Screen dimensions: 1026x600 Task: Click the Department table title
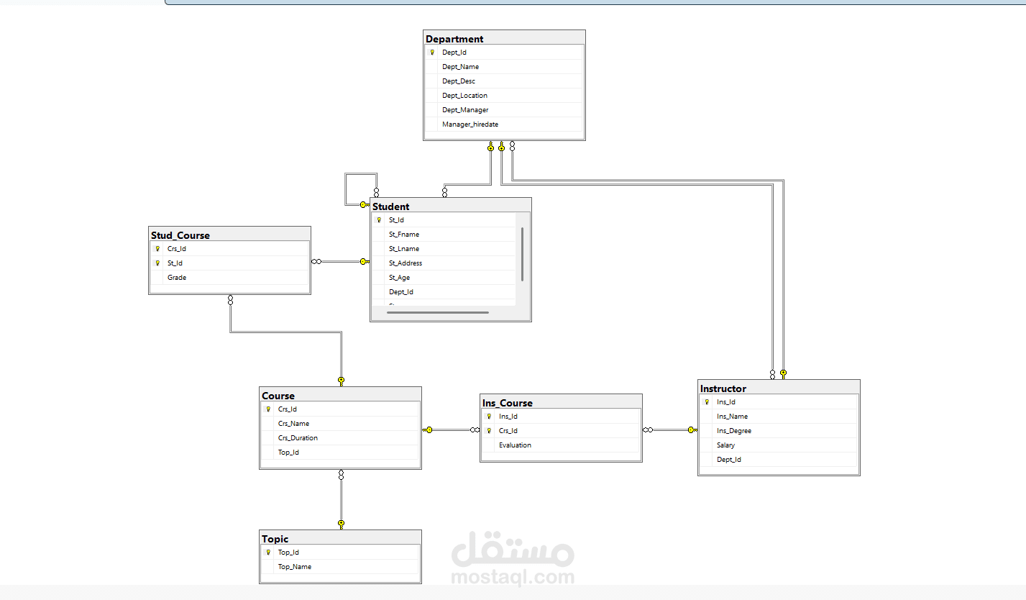pos(454,39)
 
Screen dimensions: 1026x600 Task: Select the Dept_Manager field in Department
pos(465,110)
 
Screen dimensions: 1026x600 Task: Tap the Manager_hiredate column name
pos(470,124)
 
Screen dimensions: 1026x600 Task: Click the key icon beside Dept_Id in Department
pos(432,53)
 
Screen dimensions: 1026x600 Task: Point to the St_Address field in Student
pos(406,263)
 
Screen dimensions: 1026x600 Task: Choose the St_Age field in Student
pos(400,278)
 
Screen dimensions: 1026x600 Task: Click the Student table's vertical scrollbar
pos(522,254)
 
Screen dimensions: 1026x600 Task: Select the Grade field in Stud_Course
pos(177,277)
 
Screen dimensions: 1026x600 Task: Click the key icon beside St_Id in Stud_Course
pos(157,263)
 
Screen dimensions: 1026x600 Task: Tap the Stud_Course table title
pos(180,235)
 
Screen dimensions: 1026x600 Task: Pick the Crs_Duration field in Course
pos(298,437)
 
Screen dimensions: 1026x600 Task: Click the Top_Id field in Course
pos(288,453)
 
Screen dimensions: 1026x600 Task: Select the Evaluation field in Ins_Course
pos(515,445)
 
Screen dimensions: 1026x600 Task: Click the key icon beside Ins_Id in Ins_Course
pos(489,417)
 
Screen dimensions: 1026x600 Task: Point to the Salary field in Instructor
pos(725,445)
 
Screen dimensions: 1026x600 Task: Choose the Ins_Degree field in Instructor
pos(734,431)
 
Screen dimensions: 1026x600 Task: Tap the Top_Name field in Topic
pos(295,567)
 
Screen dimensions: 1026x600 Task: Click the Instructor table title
pos(723,388)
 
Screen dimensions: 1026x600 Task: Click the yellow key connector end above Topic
pos(342,524)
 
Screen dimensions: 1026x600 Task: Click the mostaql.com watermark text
pos(513,577)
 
